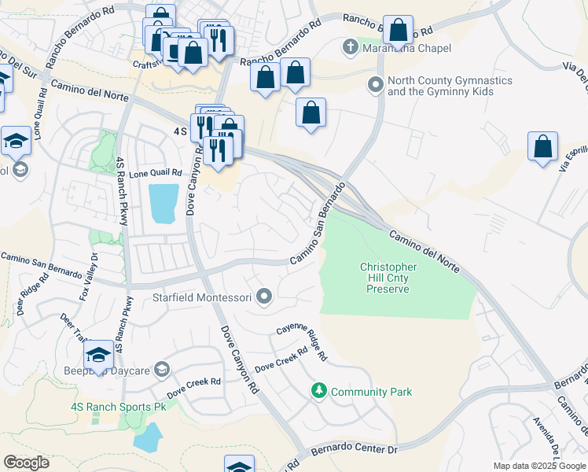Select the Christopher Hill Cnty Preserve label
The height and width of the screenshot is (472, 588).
(388, 278)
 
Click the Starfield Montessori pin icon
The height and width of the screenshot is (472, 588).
(265, 297)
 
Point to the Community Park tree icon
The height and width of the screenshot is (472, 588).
(319, 391)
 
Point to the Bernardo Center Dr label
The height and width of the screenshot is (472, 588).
(356, 450)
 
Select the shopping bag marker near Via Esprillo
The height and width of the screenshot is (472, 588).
(542, 147)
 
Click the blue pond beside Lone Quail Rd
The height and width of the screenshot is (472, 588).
(162, 203)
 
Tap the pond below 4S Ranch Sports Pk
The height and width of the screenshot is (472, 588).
(148, 437)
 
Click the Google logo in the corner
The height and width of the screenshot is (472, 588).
(26, 463)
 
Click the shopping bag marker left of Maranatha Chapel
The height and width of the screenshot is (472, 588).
(295, 73)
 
